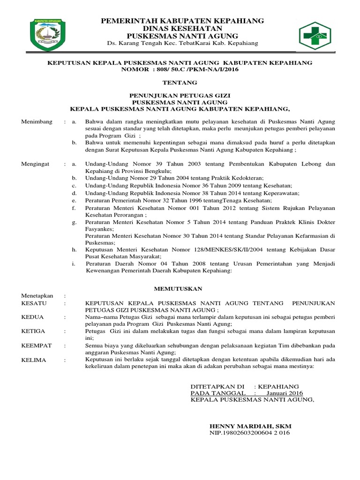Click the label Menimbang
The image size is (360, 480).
[x=37, y=122]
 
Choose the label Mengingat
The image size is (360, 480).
[x=37, y=164]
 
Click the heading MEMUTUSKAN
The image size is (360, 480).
[x=178, y=289]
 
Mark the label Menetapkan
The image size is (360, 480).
[x=37, y=296]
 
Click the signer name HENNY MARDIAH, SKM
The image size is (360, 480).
[x=250, y=426]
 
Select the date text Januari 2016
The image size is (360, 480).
[x=285, y=393]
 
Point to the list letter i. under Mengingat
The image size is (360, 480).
[x=74, y=264]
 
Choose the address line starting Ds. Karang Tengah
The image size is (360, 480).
[x=183, y=44]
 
